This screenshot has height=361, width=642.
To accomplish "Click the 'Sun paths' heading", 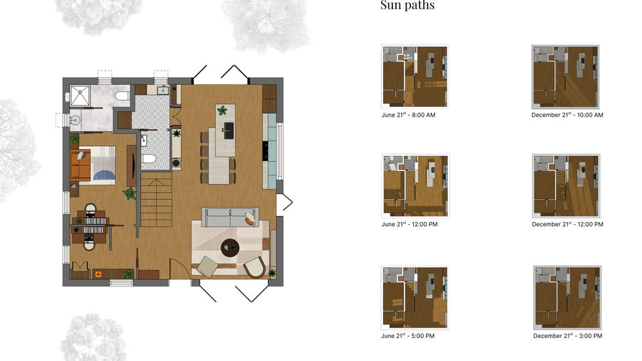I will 407,6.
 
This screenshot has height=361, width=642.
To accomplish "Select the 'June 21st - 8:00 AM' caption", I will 408,115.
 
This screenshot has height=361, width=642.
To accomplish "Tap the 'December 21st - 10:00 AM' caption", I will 567,115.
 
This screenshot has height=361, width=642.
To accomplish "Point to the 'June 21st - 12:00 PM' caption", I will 409,224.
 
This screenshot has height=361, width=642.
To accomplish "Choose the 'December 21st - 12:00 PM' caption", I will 567,224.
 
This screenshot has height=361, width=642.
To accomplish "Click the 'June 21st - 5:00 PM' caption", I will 408,336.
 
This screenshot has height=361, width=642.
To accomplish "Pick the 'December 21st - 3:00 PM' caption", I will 568,336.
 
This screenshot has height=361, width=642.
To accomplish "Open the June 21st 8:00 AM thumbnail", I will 414,75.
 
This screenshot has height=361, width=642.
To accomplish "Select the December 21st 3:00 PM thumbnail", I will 567,297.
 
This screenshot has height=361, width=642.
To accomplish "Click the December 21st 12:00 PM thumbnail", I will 566,186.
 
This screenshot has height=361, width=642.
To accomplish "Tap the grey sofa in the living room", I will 230,217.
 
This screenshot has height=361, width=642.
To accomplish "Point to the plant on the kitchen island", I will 222,111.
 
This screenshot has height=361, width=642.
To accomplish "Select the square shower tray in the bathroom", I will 79,96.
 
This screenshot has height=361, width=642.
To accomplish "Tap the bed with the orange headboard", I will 94,163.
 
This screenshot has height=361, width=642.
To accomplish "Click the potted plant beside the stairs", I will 130,194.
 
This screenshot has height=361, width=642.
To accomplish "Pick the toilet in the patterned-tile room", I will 149,159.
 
